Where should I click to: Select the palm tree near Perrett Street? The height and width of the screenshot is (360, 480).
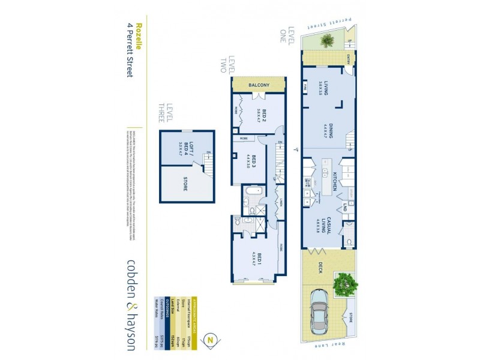point(327,41)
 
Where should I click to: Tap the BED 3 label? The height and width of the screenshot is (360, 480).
point(254,163)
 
